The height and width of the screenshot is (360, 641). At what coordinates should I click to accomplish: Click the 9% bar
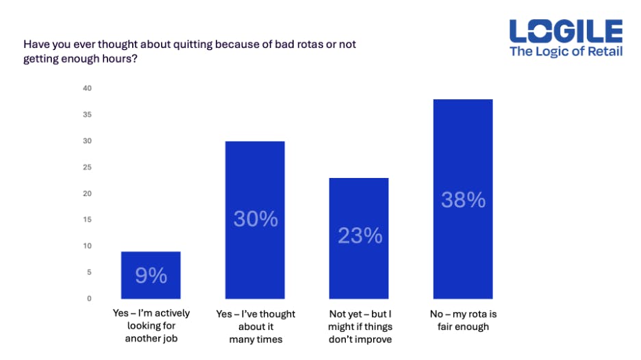pos(151,275)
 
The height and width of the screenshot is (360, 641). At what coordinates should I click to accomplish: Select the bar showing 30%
pos(255,220)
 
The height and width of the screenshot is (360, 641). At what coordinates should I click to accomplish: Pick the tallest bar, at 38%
pos(464,199)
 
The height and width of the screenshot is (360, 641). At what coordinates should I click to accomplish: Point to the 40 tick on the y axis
pos(88,88)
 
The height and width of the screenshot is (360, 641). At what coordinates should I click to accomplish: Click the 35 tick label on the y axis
pos(88,115)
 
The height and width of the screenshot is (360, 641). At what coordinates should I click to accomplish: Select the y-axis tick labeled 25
pos(88,167)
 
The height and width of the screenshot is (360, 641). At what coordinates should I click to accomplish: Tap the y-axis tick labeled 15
pos(88,220)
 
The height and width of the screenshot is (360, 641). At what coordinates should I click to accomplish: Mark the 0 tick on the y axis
pos(89,298)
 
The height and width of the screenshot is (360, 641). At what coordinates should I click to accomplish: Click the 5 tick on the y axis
pos(89,272)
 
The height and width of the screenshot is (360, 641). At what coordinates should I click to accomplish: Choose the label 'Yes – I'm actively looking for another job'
pos(151,326)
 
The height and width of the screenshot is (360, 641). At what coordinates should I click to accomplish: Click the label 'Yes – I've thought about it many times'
pos(255,326)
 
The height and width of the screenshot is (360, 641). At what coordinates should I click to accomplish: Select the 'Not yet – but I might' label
pos(360,326)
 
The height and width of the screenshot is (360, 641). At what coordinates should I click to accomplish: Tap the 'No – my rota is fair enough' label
pos(464,320)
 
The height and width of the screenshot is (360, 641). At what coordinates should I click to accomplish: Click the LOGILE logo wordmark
pos(566,31)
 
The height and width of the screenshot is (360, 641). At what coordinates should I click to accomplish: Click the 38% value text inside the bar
pos(464,200)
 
